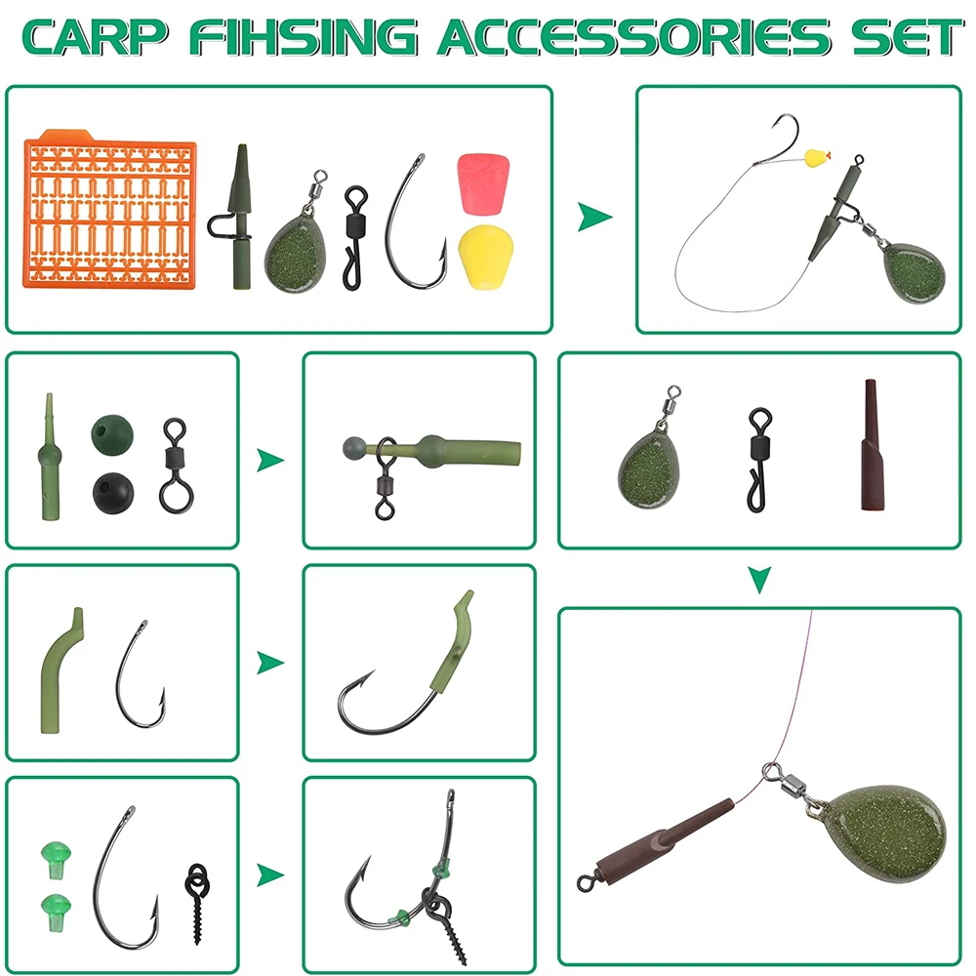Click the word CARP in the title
click(x=96, y=37)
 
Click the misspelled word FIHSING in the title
click(x=304, y=37)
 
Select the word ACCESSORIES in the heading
click(x=634, y=37)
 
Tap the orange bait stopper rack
click(x=109, y=209)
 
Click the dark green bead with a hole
click(x=112, y=435)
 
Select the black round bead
click(x=113, y=493)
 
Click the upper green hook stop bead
click(x=56, y=860)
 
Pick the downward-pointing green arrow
click(x=760, y=580)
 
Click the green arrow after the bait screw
click(x=270, y=875)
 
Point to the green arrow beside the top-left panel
click(x=594, y=217)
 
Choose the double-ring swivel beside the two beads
click(x=177, y=464)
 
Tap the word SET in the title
click(x=907, y=37)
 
